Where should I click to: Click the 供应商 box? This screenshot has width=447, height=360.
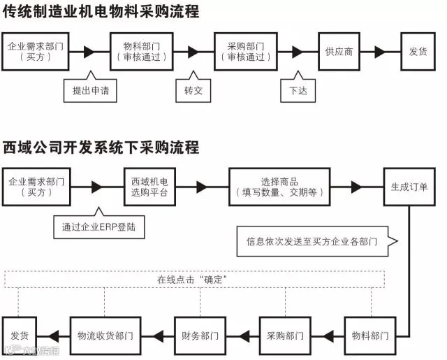click(x=339, y=52)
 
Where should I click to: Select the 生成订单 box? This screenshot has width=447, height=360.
click(x=409, y=187)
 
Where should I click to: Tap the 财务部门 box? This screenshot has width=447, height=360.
click(x=200, y=336)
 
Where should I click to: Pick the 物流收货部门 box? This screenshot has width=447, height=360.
click(x=105, y=336)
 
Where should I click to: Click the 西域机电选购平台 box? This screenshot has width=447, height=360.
click(x=149, y=187)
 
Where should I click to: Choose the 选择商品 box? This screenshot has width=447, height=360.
click(x=279, y=187)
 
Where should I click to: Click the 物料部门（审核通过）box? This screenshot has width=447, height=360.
click(x=142, y=52)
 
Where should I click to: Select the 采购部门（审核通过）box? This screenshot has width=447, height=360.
click(x=246, y=52)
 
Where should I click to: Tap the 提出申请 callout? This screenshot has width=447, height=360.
click(x=90, y=90)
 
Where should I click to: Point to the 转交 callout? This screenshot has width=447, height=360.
click(x=193, y=90)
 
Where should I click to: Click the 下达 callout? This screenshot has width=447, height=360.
click(x=298, y=90)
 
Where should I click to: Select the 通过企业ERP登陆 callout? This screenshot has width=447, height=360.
click(x=99, y=227)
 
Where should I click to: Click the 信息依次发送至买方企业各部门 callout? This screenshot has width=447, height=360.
click(x=312, y=241)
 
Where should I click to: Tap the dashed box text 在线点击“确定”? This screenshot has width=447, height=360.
click(x=192, y=280)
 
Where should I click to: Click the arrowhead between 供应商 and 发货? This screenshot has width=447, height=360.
click(x=380, y=52)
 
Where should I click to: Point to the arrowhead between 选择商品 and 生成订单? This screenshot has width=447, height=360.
click(x=356, y=187)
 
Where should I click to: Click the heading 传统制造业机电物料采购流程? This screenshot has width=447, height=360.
click(x=101, y=12)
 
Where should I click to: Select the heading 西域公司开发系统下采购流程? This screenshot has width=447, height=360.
click(x=101, y=147)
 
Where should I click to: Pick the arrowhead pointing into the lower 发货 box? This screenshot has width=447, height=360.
click(x=53, y=336)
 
